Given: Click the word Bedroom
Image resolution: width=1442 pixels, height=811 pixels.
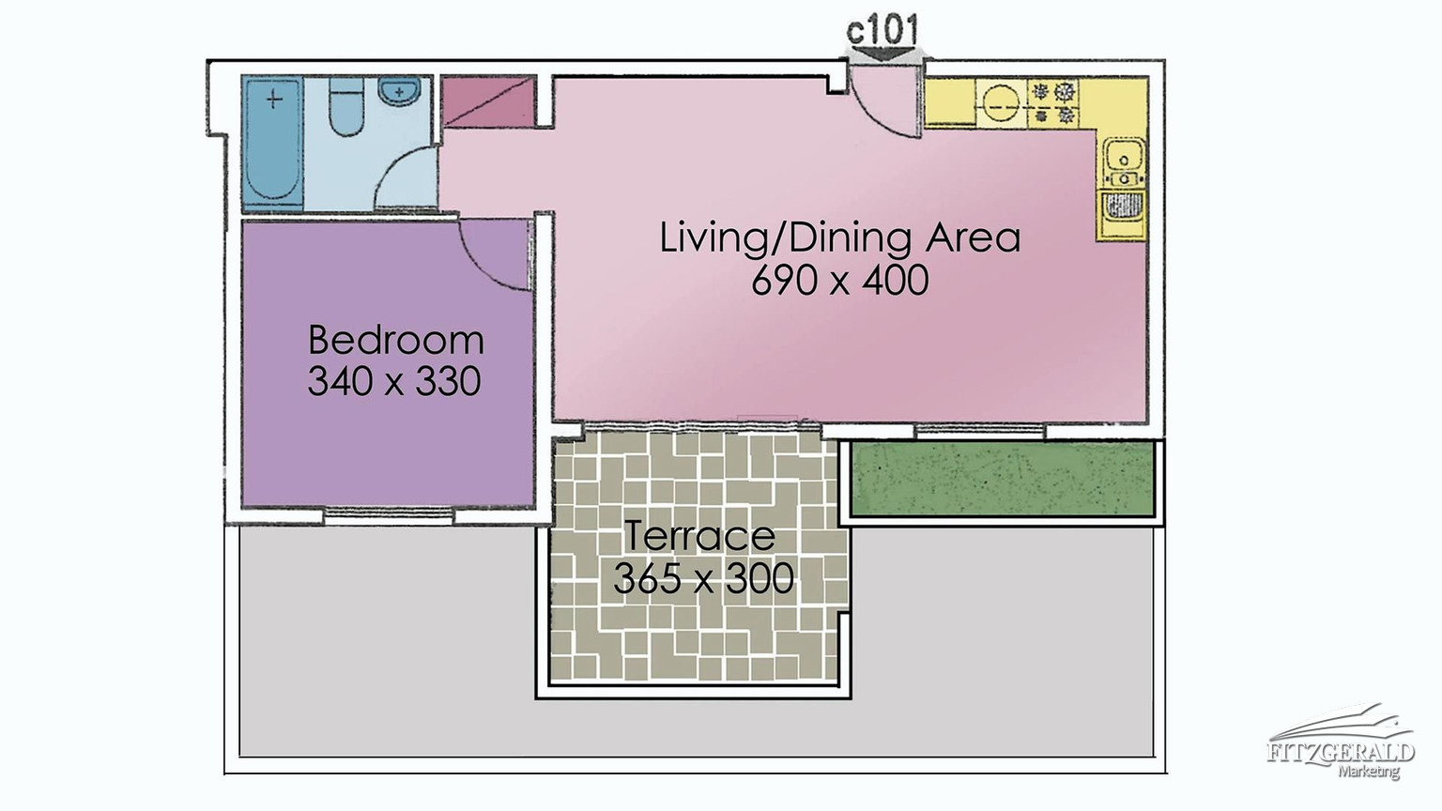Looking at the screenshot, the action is (396, 340).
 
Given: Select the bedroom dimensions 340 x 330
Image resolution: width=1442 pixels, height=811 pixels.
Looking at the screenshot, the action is (394, 381).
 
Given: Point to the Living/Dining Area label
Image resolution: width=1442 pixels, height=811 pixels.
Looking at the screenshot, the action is (840, 237).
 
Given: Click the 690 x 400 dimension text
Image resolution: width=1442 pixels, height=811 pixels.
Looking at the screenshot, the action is (840, 280).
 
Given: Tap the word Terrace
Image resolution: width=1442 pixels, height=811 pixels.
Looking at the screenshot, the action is (699, 536).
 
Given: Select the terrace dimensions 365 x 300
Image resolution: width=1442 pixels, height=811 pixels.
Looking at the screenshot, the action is (703, 578).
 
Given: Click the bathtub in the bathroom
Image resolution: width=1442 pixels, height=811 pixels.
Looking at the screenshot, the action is (273, 143).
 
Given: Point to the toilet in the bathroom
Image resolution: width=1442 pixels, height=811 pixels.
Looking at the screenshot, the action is (346, 106).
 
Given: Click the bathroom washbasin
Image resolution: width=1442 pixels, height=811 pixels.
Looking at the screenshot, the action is (399, 91).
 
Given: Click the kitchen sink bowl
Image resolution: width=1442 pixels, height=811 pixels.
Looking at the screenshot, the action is (1124, 156).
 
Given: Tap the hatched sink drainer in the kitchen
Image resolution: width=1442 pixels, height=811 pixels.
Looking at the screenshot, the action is (1123, 206).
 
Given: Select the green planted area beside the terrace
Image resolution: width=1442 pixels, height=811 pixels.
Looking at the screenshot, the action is (1002, 479).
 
